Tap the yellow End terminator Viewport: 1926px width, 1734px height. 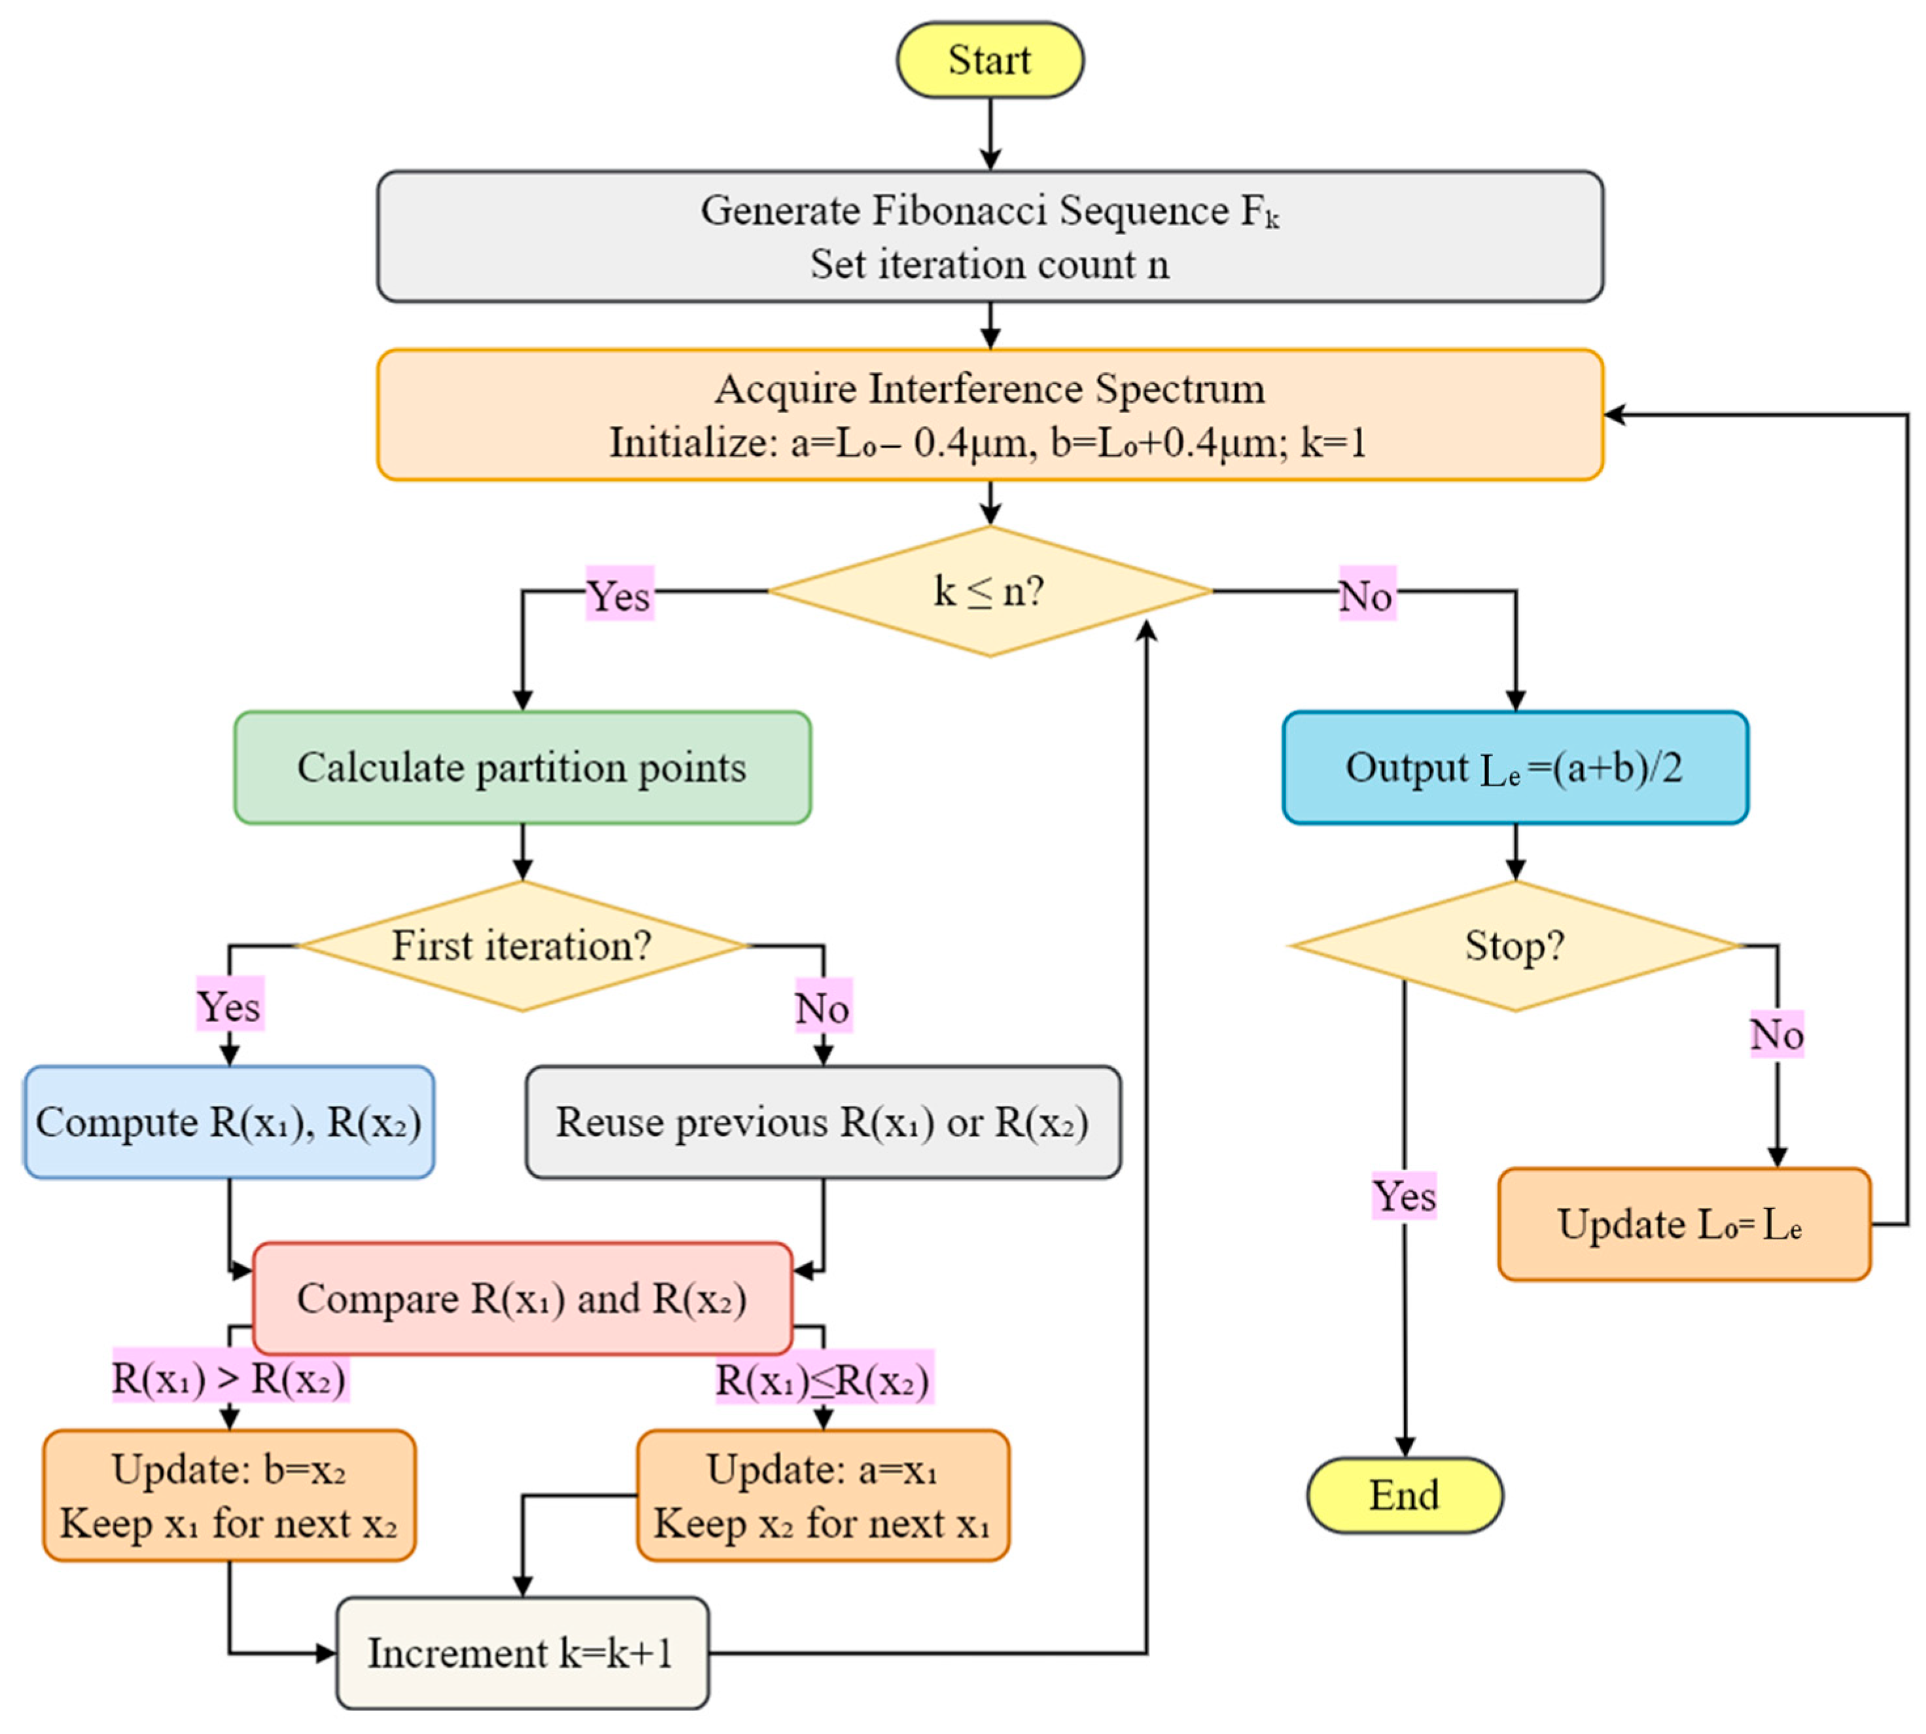click(1404, 1495)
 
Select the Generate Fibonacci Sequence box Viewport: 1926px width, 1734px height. click(990, 236)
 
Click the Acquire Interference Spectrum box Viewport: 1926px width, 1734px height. click(990, 414)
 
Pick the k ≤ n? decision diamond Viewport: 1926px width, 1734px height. click(990, 592)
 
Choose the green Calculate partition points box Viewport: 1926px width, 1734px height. click(523, 767)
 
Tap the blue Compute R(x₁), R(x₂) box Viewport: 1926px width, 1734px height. click(228, 1122)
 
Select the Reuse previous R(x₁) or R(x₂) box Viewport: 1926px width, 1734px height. click(823, 1122)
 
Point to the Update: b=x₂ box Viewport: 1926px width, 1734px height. click(228, 1495)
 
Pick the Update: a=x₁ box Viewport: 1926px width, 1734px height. click(823, 1495)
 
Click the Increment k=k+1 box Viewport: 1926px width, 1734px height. click(523, 1653)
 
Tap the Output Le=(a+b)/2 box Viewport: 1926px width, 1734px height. click(1515, 767)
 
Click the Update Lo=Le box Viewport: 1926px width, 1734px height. click(1684, 1224)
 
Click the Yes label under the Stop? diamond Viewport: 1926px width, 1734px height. click(1404, 1195)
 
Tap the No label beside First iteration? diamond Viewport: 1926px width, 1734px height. click(823, 1006)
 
